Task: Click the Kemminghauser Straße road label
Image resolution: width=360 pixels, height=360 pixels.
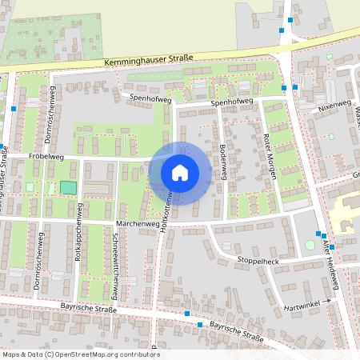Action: (149, 61)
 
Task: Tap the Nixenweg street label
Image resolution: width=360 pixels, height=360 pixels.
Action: (334, 105)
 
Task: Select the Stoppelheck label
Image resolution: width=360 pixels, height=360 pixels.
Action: (258, 261)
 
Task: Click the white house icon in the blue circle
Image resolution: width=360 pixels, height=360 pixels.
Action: (180, 173)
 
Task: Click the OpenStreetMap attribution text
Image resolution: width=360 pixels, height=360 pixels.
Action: (81, 354)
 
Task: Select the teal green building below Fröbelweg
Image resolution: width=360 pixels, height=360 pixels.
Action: (68, 187)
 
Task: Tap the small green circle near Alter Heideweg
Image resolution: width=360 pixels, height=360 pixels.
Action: (310, 245)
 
